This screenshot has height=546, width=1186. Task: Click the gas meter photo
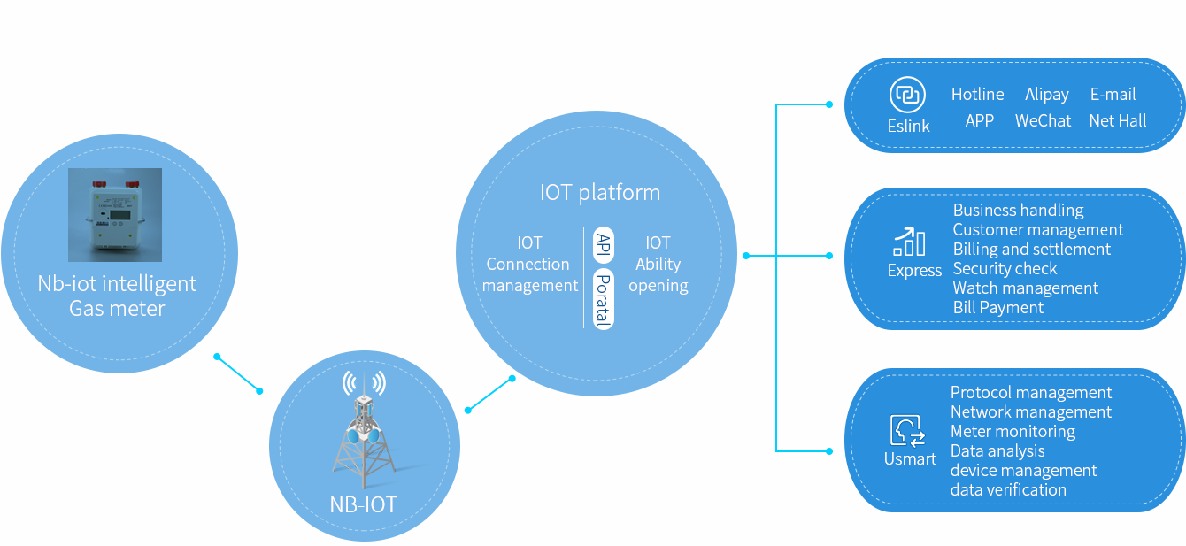click(x=115, y=215)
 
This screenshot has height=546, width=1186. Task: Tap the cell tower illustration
click(x=364, y=434)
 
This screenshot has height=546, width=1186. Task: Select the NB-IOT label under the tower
click(x=364, y=505)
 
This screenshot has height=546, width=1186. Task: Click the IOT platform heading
click(x=600, y=193)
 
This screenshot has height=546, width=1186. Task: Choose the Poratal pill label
click(x=604, y=299)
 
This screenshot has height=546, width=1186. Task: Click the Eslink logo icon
click(x=907, y=95)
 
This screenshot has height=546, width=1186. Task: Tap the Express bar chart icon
click(x=910, y=242)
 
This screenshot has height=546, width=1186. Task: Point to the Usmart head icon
click(x=908, y=431)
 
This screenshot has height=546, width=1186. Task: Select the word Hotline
click(x=977, y=95)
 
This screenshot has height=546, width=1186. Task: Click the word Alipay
click(x=1047, y=95)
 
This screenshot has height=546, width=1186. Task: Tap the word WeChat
click(x=1043, y=121)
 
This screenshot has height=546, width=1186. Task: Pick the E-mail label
click(x=1113, y=95)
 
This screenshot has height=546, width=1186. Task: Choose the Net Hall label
click(x=1118, y=121)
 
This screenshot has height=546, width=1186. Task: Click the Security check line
click(x=1005, y=269)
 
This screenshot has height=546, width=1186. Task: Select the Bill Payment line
click(x=998, y=308)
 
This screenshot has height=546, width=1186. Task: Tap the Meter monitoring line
click(x=1013, y=432)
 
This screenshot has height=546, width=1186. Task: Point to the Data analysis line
click(x=997, y=451)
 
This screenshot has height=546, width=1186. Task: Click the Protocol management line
click(x=1031, y=393)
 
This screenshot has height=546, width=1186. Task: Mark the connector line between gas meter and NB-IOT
click(x=238, y=373)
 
